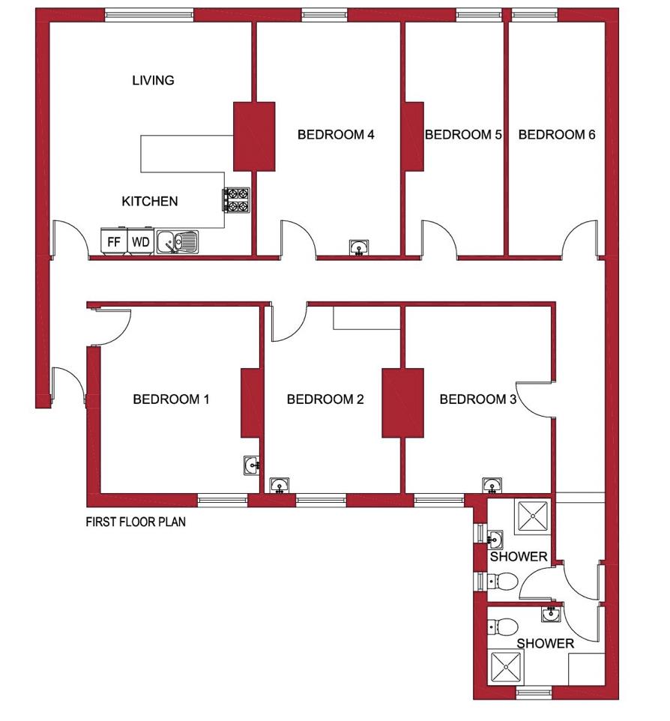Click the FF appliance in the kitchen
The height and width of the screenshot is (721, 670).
114,242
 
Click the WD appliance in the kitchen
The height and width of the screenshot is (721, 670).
139,242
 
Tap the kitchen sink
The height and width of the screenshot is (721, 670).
178,241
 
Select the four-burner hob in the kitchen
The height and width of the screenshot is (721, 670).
235,199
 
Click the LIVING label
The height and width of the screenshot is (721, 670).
153,80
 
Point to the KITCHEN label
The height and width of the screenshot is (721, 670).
150,201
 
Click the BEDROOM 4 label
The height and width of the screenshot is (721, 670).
336,135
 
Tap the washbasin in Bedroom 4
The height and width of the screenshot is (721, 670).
359,248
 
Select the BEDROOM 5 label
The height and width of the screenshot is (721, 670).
462,135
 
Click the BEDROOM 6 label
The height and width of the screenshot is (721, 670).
557,135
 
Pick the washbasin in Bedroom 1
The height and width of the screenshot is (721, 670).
253,466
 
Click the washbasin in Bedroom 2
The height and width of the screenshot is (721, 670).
280,486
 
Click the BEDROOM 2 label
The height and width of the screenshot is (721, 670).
325,399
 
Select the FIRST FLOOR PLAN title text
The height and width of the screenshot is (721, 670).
136,522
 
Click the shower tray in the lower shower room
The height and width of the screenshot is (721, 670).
506,666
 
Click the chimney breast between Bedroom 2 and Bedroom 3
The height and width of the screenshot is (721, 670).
402,402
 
